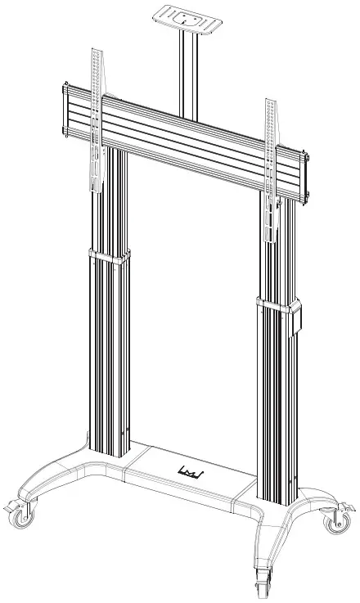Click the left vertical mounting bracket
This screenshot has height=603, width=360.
[x=95, y=123]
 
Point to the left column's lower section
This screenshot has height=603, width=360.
[x=108, y=352]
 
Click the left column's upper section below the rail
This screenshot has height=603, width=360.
[x=112, y=196]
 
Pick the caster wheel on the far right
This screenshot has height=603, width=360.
[x=335, y=521]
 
